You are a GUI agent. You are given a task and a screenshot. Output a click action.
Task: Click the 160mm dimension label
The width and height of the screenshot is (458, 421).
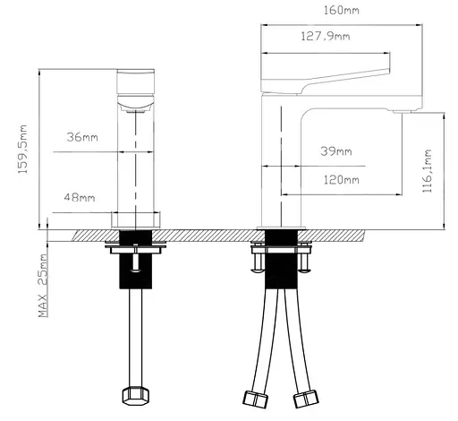(x=342, y=11)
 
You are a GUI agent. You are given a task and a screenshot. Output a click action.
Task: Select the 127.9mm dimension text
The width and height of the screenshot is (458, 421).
(x=326, y=37)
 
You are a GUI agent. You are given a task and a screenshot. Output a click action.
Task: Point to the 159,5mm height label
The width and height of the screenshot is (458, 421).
(x=22, y=149)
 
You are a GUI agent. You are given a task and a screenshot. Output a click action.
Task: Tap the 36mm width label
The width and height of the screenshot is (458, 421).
(x=82, y=137)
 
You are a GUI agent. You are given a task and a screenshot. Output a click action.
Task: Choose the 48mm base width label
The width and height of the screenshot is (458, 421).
(x=80, y=197)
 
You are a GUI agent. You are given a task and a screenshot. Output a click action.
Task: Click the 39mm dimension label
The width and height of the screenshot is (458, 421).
(x=336, y=151)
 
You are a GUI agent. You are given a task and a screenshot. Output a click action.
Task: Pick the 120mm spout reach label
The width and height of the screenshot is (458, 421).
(x=342, y=180)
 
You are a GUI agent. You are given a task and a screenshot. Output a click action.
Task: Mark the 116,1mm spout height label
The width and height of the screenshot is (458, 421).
(x=427, y=171)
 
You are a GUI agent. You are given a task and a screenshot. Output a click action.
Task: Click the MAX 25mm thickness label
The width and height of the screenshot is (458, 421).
(x=43, y=286)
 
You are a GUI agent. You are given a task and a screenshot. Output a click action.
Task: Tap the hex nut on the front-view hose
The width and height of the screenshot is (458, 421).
(x=136, y=396)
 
